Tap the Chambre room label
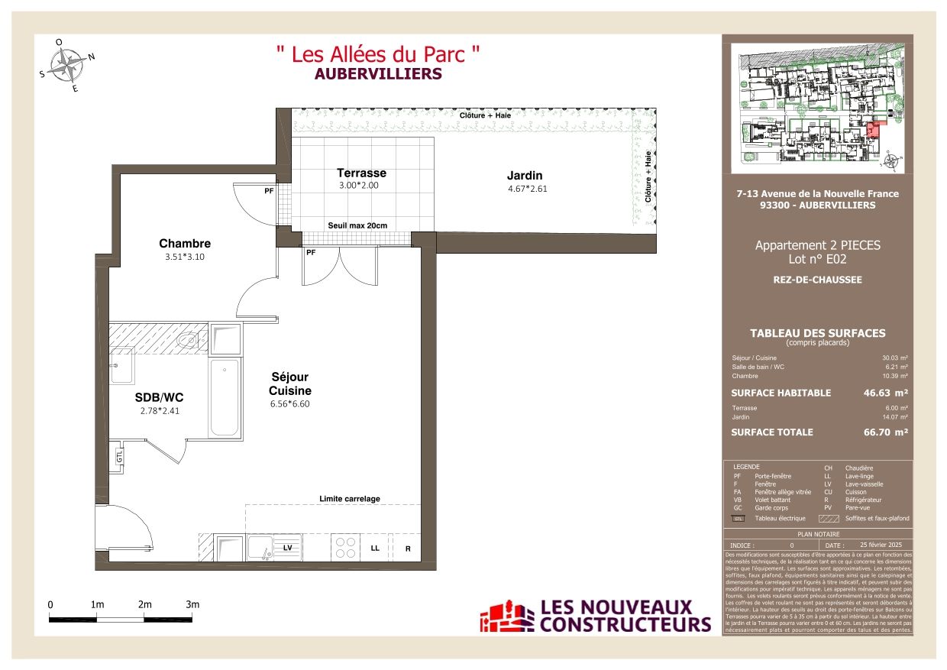click(x=184, y=244)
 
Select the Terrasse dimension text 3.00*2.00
click(x=358, y=185)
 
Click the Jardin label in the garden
click(x=524, y=176)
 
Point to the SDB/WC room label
click(x=159, y=397)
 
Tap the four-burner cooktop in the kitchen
click(x=345, y=547)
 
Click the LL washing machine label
click(x=375, y=549)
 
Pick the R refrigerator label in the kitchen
click(x=408, y=549)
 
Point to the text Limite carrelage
click(x=349, y=499)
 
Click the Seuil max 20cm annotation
click(x=357, y=225)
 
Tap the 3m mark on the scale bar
click(x=192, y=604)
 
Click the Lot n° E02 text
click(x=817, y=259)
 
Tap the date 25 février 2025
click(x=875, y=545)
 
